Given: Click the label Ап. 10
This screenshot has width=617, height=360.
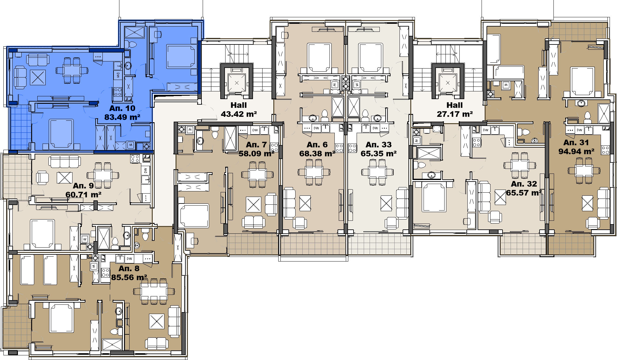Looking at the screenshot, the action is (122, 108).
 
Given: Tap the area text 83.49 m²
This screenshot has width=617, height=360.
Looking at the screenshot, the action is (122, 117).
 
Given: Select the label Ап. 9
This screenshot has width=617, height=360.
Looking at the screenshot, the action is (83, 186).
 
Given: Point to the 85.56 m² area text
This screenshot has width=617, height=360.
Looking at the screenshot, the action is (129, 277).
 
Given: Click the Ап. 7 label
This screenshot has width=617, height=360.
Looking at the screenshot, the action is (256, 144).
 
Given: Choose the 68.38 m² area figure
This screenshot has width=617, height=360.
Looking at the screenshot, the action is (317, 153).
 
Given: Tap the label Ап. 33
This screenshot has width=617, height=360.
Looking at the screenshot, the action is (379, 144).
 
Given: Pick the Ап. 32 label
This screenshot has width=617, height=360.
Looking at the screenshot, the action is (524, 184).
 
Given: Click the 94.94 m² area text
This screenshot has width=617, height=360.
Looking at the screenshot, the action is (576, 151).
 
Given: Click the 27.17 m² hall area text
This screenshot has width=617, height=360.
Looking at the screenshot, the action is (455, 114).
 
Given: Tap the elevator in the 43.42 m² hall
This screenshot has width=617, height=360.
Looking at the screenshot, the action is (237, 83).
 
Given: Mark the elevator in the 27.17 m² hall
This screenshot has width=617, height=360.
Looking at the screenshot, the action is (448, 83).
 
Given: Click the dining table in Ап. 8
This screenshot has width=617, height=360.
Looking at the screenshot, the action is (154, 291).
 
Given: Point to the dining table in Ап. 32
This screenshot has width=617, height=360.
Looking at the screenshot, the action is (520, 165).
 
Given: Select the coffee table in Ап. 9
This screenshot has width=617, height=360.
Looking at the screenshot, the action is (64, 178).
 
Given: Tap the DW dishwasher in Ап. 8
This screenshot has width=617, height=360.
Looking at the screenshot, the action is (130, 259).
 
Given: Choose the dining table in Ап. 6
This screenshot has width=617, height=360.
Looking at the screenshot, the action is (314, 172).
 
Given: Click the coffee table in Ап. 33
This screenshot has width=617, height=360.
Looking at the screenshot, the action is (386, 203).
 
